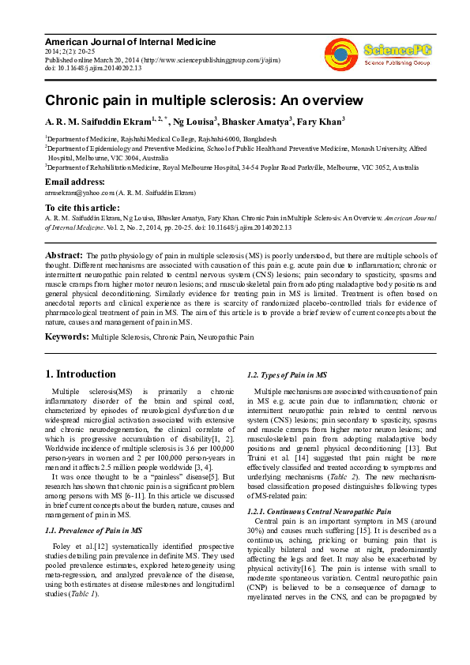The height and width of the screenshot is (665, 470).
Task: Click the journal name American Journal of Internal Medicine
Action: [130, 42]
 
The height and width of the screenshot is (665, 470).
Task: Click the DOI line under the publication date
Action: [93, 69]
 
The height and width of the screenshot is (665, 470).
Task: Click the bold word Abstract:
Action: [64, 256]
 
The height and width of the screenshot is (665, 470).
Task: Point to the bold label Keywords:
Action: [66, 336]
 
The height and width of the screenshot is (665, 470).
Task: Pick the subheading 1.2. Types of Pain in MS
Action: [276, 374]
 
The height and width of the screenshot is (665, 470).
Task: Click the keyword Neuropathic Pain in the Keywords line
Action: [227, 337]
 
